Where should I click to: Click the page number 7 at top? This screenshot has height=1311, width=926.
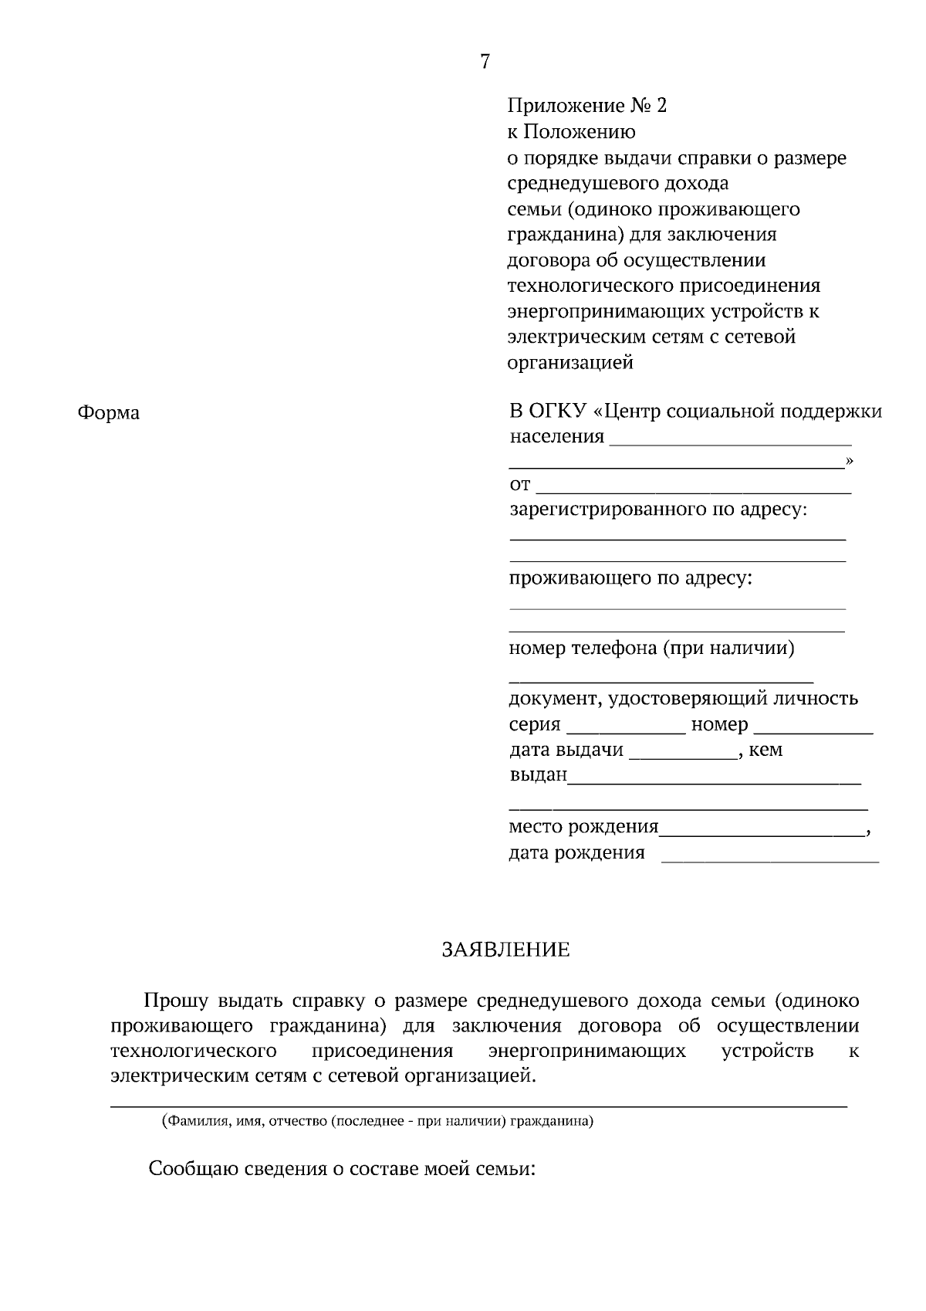485,62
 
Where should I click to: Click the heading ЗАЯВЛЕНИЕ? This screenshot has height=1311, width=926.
505,950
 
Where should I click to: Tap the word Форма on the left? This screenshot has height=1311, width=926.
109,413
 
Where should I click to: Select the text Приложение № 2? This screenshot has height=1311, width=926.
586,105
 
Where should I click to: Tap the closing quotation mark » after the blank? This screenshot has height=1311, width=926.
850,461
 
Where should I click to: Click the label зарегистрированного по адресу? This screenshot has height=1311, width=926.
657,510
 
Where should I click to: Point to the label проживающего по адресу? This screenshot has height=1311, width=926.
630,578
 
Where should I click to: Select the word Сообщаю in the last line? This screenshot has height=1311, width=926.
194,1168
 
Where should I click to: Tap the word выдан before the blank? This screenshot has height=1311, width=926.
538,774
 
